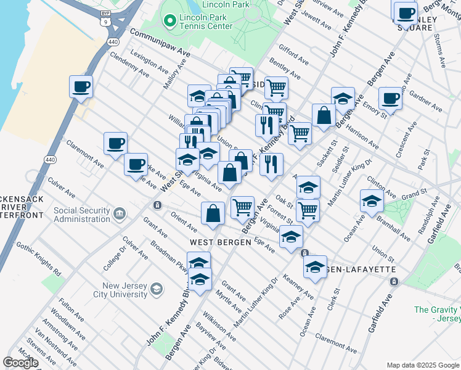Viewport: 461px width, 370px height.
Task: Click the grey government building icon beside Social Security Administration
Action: coord(119,213)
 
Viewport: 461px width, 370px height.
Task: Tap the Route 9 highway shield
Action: coord(105,22)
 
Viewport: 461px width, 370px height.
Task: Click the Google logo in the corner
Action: coord(20,363)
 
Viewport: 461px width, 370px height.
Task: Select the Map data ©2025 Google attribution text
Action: coord(423,365)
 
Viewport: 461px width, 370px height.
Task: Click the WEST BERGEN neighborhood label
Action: coord(220,242)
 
